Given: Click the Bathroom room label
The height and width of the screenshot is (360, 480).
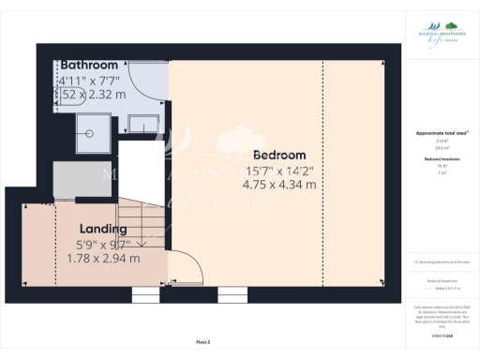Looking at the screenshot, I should coord(90,65).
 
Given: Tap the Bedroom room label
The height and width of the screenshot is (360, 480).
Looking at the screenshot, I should coord(278,155).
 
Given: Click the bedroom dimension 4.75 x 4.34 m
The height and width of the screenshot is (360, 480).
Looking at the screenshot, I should coord(278,185).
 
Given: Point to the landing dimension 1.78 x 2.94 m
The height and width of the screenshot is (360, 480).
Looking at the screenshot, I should coord(103,258).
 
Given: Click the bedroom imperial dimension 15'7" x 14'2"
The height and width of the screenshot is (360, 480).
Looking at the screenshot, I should coord(278,171).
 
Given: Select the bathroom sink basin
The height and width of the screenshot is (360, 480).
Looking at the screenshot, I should coord(144,122).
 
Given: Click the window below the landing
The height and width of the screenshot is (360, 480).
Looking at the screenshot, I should coord(145,295).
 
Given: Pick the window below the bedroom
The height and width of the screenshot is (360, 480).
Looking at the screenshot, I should coord(232,295).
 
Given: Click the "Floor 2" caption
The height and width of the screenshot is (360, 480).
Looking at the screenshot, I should coord(203,343).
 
